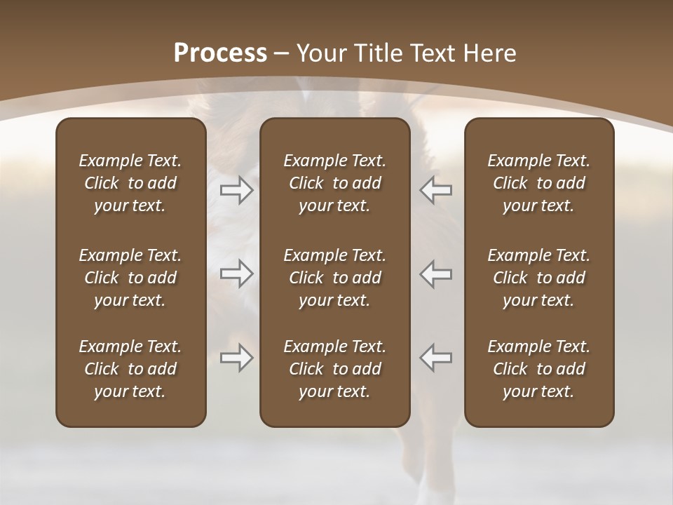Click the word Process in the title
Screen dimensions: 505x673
click(220, 53)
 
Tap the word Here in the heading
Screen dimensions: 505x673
click(490, 53)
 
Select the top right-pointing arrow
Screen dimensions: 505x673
click(236, 190)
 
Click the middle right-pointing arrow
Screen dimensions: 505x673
click(236, 274)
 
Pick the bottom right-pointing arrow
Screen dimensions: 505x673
click(236, 358)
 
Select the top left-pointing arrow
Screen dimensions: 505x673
click(436, 190)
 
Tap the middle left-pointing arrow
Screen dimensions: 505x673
click(436, 274)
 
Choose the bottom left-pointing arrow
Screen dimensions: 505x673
click(436, 358)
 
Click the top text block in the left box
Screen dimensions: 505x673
click(130, 183)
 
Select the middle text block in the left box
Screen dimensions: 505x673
click(130, 278)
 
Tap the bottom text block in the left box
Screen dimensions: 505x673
click(130, 369)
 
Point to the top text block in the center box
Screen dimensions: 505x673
click(334, 183)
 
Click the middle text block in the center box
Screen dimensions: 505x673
click(334, 278)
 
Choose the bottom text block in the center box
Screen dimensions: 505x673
click(334, 369)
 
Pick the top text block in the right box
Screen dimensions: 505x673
click(538, 183)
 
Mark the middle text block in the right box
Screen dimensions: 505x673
click(538, 278)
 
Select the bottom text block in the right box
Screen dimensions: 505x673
click(538, 369)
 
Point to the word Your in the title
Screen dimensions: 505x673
click(319, 53)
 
